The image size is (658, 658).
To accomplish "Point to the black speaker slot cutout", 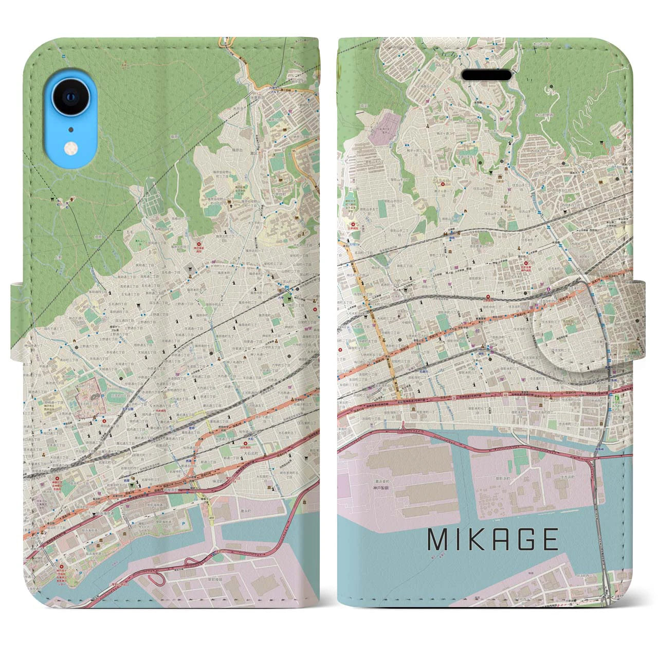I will point(486,74).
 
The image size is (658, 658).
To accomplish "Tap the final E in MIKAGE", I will point(550,540).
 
